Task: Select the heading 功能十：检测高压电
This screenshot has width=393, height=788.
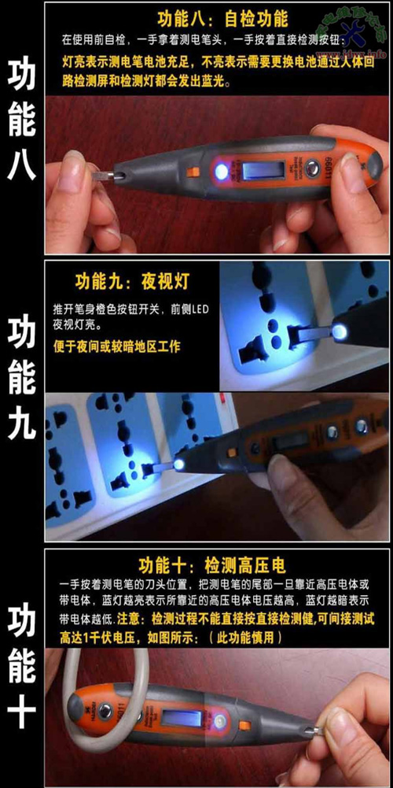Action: (212, 566)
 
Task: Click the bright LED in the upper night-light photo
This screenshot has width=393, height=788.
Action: (341, 334)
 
